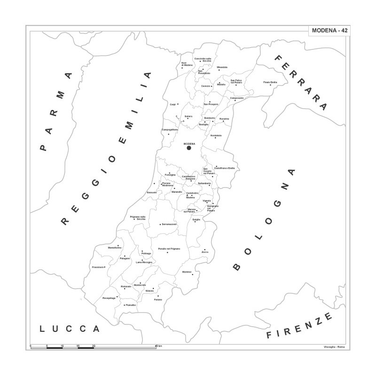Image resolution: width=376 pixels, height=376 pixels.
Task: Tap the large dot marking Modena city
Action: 189,148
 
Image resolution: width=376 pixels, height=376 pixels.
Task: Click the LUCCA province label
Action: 69,329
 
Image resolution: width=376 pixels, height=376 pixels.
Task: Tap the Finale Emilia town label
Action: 270,83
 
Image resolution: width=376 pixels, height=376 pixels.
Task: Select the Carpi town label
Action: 172,104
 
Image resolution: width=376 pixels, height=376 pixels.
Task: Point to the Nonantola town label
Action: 216,136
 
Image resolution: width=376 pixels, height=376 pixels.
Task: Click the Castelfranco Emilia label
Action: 224,168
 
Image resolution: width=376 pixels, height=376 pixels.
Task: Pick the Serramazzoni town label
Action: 169,224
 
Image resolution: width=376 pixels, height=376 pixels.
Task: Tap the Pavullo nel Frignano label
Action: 169,249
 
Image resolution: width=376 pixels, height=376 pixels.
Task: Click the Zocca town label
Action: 204,253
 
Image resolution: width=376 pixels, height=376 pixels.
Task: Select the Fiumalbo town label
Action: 131,305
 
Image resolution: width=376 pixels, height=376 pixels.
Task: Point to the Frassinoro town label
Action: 97,267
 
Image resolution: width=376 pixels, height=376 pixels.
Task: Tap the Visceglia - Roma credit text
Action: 334,347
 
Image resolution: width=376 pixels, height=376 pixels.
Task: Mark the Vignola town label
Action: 206,201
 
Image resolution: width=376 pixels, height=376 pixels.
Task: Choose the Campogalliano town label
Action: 170,130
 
